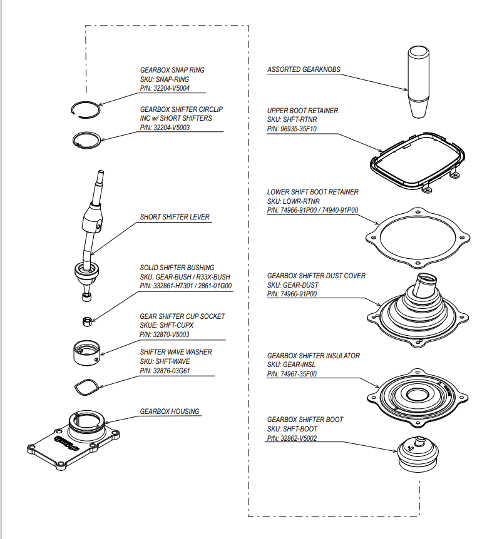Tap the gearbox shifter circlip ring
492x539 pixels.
click(85, 139)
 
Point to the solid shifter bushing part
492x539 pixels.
click(88, 321)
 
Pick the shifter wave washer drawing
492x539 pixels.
click(86, 388)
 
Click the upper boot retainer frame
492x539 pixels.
click(416, 161)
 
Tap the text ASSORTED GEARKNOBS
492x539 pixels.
click(304, 69)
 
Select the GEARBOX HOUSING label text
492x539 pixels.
click(170, 411)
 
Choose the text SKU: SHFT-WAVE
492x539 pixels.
click(165, 361)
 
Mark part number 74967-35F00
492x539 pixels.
click(292, 374)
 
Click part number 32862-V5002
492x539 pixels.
click(292, 438)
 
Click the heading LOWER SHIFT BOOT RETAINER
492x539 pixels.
click(312, 192)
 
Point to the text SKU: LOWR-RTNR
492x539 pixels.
click(293, 201)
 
